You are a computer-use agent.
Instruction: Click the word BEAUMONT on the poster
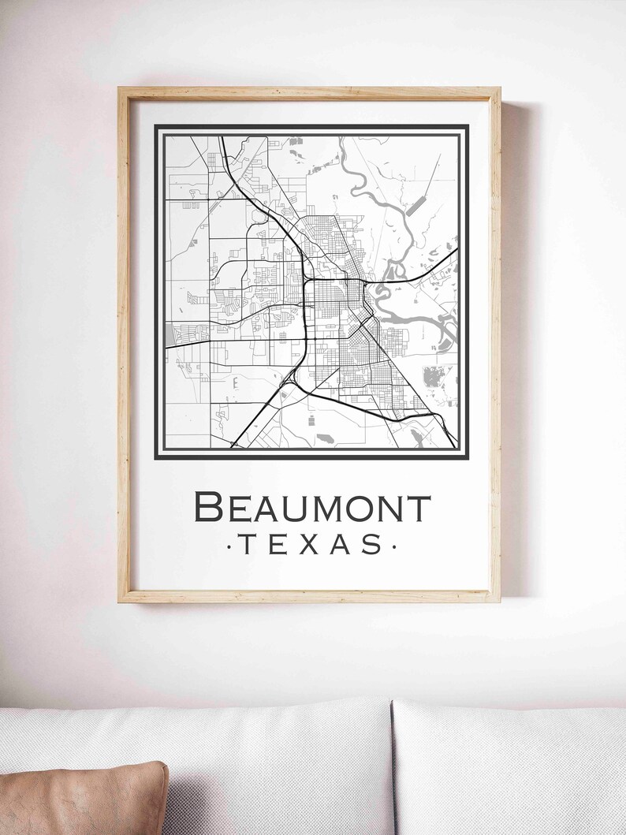point(312,507)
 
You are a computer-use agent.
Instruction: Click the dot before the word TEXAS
point(229,545)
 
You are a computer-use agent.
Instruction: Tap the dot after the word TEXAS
point(393,545)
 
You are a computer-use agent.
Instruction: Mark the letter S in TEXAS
point(373,544)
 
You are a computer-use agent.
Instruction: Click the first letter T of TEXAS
point(248,544)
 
